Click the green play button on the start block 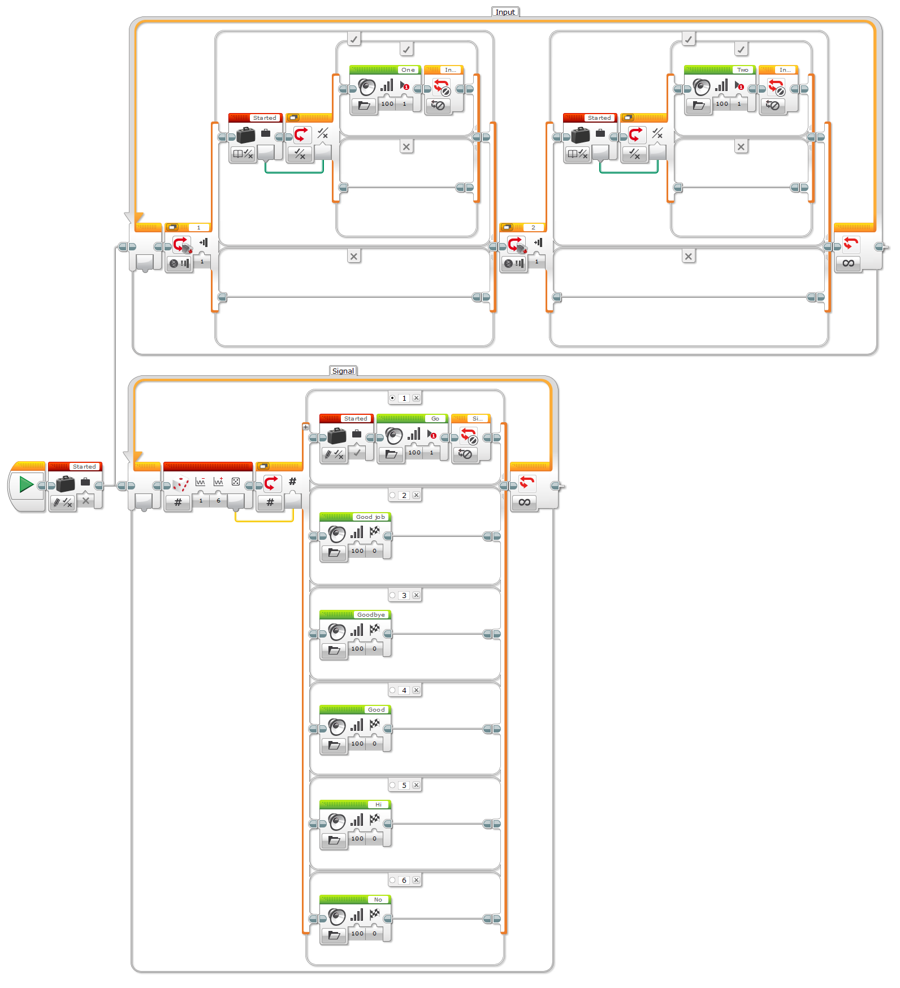tap(26, 484)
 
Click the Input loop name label tap(505, 12)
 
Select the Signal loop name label tap(343, 371)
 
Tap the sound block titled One tap(408, 70)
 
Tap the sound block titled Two tap(742, 70)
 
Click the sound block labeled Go tap(435, 419)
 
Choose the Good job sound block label tap(370, 517)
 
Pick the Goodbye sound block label tap(371, 614)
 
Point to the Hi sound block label tap(378, 804)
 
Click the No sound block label tap(378, 899)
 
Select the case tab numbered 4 tap(404, 690)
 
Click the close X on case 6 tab tap(416, 880)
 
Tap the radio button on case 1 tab tap(392, 398)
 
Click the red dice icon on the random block tap(180, 484)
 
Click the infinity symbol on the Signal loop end tap(525, 502)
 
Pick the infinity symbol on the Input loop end tap(848, 263)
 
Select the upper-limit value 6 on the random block tap(219, 501)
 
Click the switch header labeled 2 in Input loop tap(533, 227)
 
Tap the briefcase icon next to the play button tap(66, 484)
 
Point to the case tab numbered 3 tap(404, 595)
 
